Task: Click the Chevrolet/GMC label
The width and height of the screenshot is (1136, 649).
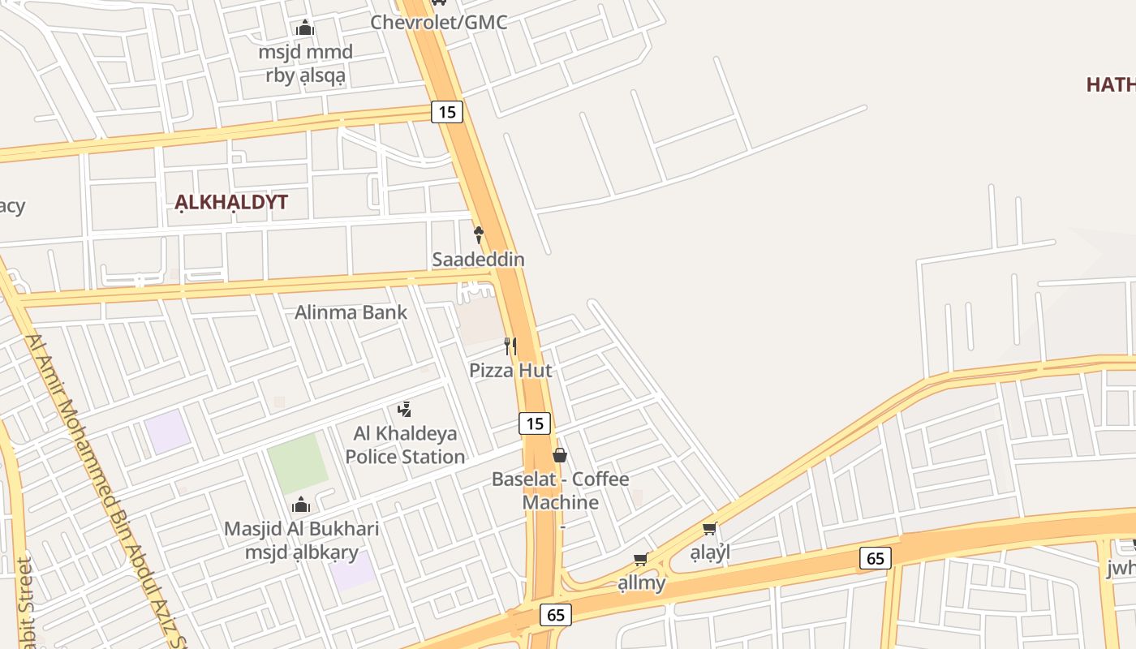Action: [x=439, y=22]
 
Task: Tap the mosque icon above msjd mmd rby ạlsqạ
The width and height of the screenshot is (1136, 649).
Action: [x=305, y=28]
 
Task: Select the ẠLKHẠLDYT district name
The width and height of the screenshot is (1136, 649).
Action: [x=231, y=202]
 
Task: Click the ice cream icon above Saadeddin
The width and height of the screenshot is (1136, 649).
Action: [x=479, y=235]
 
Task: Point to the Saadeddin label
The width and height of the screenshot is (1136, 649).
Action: [x=478, y=260]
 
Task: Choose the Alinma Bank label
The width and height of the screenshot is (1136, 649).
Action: [x=351, y=312]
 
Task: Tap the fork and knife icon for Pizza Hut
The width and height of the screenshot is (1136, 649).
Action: [x=510, y=346]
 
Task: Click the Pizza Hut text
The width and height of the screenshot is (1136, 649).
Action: [x=510, y=371]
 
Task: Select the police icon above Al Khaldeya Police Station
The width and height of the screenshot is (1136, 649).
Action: [x=405, y=410]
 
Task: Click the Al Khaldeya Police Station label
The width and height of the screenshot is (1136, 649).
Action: [x=405, y=445]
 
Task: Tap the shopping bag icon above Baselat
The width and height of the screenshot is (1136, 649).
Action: [x=560, y=455]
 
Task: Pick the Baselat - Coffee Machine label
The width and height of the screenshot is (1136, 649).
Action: [x=560, y=491]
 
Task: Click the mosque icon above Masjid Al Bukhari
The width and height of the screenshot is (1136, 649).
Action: [x=301, y=505]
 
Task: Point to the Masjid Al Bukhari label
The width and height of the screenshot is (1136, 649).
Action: [x=301, y=530]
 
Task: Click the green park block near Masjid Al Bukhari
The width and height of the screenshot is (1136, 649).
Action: [x=297, y=463]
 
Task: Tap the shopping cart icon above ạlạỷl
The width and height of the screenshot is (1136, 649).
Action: [x=710, y=529]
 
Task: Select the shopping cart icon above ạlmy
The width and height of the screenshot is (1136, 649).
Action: [x=641, y=559]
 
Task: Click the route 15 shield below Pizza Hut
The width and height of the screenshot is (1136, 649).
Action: [x=534, y=423]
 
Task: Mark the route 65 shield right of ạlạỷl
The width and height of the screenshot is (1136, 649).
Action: [x=875, y=558]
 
